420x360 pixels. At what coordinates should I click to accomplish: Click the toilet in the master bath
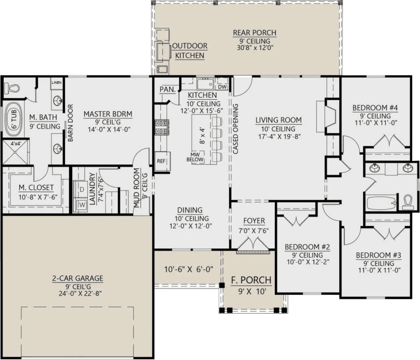coord(12,88)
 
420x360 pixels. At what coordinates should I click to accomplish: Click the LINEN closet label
coord(56,83)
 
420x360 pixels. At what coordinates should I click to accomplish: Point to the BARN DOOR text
coord(71,122)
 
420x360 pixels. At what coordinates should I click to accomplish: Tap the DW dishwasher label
coord(222,87)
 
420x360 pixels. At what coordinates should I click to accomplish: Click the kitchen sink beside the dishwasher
coord(204,85)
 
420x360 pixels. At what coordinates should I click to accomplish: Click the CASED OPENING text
coord(236,128)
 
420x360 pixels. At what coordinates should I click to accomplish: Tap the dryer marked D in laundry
coord(81,190)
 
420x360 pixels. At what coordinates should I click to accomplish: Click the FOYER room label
coord(254,221)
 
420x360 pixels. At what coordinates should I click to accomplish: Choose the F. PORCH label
coord(251,280)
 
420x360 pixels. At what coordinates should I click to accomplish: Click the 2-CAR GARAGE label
coord(78,278)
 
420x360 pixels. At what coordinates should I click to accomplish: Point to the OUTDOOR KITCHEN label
coord(189,50)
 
